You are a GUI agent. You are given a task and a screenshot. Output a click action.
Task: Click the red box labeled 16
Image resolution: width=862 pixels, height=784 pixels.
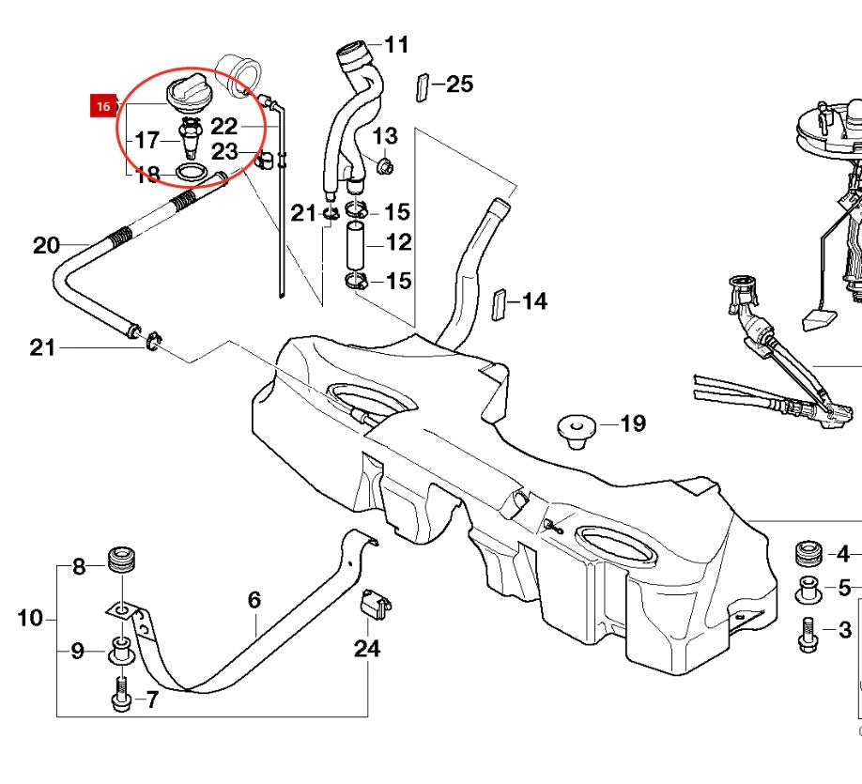click(102, 106)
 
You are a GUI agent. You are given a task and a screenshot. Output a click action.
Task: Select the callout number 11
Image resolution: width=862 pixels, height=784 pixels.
click(397, 44)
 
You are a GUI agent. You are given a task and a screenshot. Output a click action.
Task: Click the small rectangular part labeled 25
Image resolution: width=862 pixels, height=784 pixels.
click(421, 86)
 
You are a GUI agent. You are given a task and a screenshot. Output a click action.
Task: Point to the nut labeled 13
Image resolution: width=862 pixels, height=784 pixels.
click(383, 167)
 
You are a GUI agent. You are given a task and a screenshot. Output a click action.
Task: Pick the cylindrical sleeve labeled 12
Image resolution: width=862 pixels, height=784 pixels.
click(358, 242)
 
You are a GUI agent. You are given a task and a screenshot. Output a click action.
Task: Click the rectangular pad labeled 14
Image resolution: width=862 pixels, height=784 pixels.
click(501, 304)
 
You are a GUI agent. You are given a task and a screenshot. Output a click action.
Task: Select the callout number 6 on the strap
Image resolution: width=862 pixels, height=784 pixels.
click(254, 600)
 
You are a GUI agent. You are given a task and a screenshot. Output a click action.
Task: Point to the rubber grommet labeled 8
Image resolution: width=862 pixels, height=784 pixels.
click(120, 560)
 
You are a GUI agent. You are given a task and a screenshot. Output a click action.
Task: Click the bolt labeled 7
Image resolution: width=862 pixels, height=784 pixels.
click(120, 695)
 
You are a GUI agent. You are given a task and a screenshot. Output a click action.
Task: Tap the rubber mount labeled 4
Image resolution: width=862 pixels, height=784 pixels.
click(808, 552)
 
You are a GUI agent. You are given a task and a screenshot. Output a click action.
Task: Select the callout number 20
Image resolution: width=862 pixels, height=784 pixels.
click(46, 246)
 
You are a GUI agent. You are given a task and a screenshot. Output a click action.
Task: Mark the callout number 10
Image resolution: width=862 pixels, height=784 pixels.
click(30, 618)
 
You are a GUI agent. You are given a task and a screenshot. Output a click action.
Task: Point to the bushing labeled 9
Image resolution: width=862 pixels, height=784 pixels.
click(120, 648)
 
